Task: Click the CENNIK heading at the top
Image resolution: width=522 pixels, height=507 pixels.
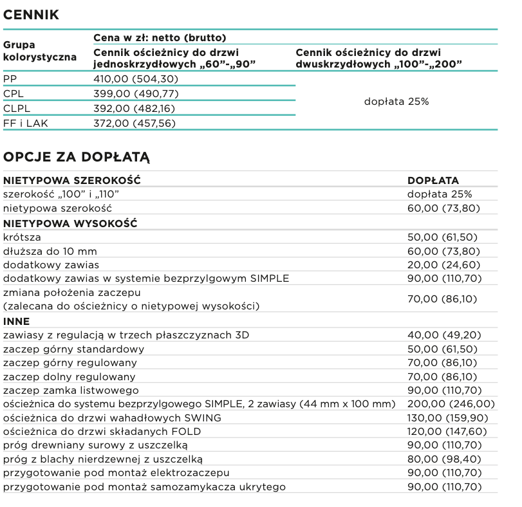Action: [x=32, y=15]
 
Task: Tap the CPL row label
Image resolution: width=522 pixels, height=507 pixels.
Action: [x=14, y=94]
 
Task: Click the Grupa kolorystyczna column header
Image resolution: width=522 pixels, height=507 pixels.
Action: [x=40, y=51]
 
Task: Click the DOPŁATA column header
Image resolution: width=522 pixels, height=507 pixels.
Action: [x=433, y=181]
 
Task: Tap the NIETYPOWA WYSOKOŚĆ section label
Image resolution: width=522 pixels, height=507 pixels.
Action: [x=71, y=223]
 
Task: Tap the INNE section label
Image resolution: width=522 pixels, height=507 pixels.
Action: [x=17, y=321]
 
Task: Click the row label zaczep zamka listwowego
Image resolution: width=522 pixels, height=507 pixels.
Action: [x=71, y=391]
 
